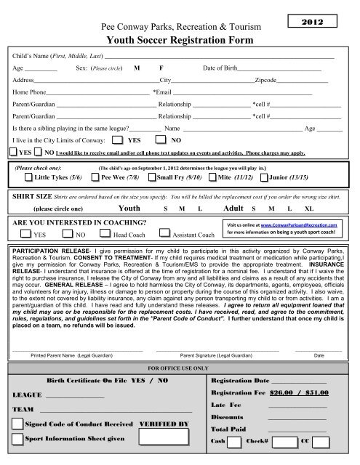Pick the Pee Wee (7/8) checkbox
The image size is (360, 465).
pos(95,176)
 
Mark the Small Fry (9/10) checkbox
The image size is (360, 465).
pos(151,176)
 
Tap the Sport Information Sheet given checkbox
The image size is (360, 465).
pos(17,440)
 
